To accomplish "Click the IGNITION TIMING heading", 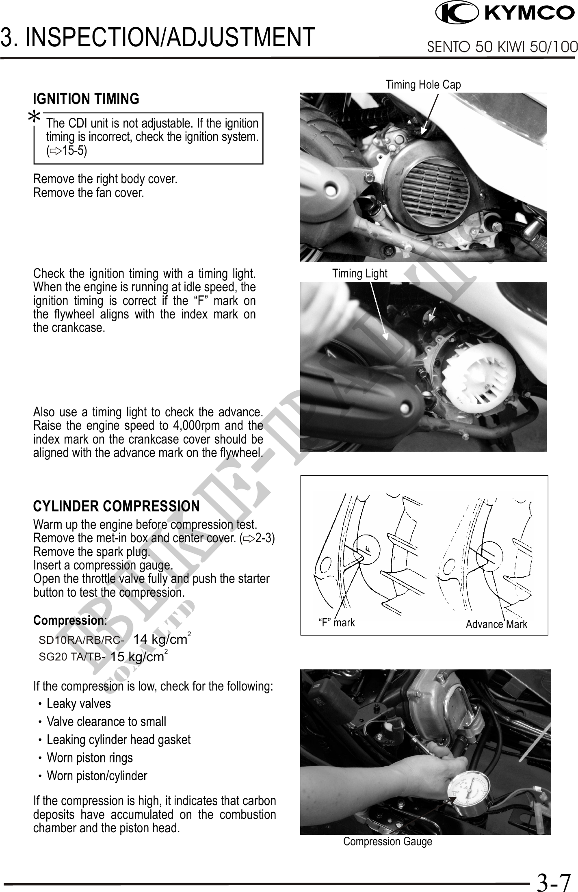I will [86, 99].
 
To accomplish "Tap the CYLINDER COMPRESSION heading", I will [116, 506].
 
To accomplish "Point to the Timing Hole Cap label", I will [423, 84].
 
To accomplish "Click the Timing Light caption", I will [359, 273].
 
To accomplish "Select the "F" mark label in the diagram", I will [336, 623].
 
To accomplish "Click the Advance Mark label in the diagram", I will [496, 624].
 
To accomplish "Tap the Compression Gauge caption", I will [387, 841].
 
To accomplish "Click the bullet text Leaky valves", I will [79, 704].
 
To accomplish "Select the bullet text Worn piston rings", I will [90, 758].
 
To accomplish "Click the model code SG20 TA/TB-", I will [72, 657].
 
